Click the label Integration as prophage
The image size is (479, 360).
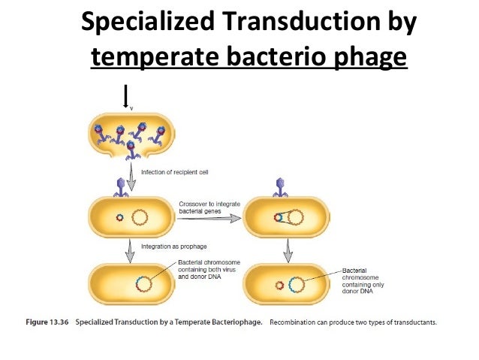[x=173, y=247]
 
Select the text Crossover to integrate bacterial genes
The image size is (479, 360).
[x=206, y=207]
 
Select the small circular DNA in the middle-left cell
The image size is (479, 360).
[x=119, y=219]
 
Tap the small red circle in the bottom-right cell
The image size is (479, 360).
[x=281, y=286]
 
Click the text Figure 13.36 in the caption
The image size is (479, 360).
[x=48, y=323]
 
